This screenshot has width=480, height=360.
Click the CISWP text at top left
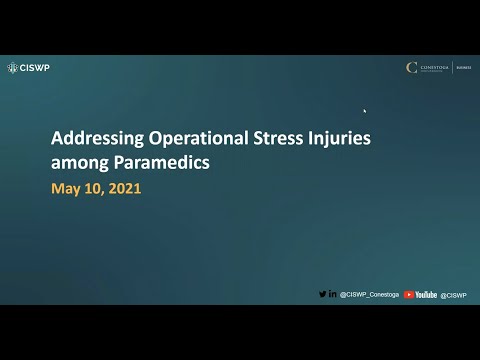pyautogui.click(x=35, y=68)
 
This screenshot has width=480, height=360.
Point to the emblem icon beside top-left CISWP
pyautogui.click(x=12, y=68)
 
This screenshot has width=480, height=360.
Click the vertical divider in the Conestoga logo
pyautogui.click(x=453, y=68)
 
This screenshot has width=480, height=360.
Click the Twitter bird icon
pyautogui.click(x=322, y=295)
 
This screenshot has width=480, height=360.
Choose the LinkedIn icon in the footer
pyautogui.click(x=332, y=295)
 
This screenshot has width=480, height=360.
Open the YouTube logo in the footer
pyautogui.click(x=421, y=295)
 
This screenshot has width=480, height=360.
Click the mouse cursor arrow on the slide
pyautogui.click(x=364, y=111)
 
